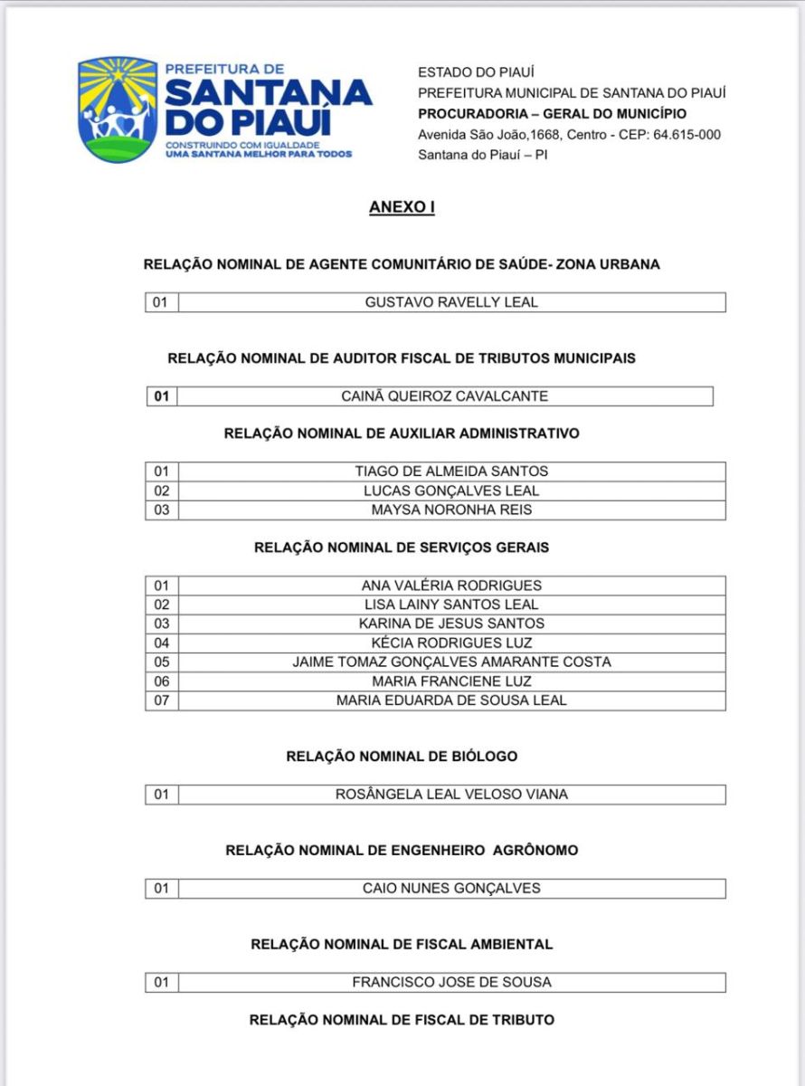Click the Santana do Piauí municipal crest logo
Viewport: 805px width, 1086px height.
[x=118, y=109]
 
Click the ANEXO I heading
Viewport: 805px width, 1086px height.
[x=402, y=207]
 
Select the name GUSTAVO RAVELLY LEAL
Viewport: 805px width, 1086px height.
[x=451, y=302]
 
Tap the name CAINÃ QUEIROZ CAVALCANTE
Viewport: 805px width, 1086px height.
[x=445, y=396]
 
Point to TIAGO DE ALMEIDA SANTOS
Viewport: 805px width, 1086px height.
[x=451, y=472]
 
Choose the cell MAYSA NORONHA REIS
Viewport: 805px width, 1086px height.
[x=451, y=510]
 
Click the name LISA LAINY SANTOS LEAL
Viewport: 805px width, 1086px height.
[x=451, y=605]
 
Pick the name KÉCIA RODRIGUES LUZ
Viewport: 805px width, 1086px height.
[x=451, y=643]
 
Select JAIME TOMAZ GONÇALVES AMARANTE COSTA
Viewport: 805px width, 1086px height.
[x=451, y=662]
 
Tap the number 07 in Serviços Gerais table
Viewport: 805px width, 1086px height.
[x=162, y=700]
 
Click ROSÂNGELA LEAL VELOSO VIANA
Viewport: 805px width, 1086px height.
[x=451, y=795]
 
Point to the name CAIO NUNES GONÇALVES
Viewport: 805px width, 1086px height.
[x=451, y=889]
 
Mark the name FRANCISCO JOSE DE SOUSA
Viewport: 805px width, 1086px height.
[x=451, y=982]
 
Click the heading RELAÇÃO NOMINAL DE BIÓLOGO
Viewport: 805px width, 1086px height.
[x=402, y=756]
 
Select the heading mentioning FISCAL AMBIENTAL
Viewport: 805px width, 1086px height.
[x=402, y=944]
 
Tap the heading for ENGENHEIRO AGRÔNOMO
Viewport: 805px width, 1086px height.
[x=402, y=851]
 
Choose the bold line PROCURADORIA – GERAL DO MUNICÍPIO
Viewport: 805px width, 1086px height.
[x=552, y=114]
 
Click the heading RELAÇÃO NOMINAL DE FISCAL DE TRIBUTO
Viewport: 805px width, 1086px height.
[x=402, y=1020]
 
